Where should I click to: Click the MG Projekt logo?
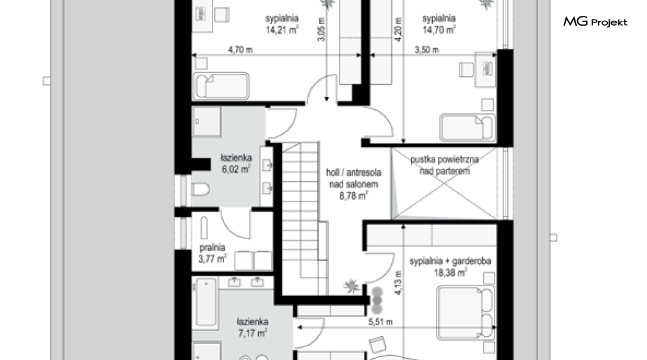coord(595,21)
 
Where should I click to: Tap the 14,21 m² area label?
coord(282,30)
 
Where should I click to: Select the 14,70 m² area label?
coord(439,30)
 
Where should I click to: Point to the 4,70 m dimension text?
coord(240,50)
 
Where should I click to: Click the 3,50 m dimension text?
coord(427,50)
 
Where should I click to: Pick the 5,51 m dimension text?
coord(380,322)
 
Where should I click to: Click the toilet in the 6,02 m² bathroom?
coord(201,189)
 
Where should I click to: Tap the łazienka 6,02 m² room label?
coord(236,164)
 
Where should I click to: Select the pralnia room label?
coord(212,247)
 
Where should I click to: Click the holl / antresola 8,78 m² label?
coord(353,184)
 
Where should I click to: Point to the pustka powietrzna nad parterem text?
coord(444,165)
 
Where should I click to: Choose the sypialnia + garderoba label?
coord(450,261)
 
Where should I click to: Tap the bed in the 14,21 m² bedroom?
coord(222,86)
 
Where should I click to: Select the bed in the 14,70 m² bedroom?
coord(467,127)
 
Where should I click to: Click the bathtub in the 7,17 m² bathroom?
coord(206,302)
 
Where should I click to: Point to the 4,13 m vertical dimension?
coord(398,283)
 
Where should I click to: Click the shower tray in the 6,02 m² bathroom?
coord(207,121)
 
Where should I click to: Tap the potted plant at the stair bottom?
coord(352,286)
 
